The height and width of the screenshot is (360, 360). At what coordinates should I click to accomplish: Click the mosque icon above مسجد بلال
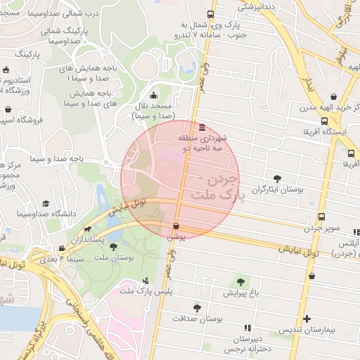[x=155, y=96]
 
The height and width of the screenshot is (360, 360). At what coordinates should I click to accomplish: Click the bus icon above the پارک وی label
[x=212, y=15]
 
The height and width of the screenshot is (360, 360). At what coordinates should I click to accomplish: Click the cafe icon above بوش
[x=175, y=226]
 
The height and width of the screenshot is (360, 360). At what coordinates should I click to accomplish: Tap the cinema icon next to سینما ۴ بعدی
[x=63, y=248]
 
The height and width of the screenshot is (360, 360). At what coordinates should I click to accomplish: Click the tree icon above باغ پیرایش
[x=241, y=282]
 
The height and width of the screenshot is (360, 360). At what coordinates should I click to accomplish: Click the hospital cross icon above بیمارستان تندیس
[x=304, y=319]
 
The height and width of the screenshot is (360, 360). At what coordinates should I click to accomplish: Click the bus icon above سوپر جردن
[x=321, y=217]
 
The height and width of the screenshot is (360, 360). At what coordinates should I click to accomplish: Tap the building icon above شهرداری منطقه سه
[x=202, y=127]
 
